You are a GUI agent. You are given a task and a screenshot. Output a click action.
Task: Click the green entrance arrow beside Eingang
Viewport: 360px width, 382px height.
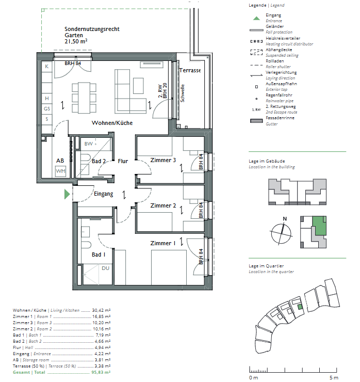(67, 195)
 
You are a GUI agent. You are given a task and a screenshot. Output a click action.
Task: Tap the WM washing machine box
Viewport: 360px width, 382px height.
(61, 171)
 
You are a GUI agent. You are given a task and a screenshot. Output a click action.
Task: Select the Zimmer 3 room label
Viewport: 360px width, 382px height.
(163, 160)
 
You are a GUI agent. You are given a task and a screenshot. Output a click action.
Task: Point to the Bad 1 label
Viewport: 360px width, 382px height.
(99, 254)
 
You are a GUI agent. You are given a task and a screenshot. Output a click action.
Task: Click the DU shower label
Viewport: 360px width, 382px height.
(105, 268)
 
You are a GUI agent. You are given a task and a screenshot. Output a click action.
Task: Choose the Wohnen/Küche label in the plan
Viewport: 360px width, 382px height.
(112, 123)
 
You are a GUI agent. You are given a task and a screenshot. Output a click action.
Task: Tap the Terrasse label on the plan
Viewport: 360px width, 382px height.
(190, 70)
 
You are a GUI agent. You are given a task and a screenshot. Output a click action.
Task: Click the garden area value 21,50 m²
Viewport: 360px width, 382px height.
(76, 41)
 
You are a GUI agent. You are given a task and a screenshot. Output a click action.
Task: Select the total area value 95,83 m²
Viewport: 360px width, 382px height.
(101, 372)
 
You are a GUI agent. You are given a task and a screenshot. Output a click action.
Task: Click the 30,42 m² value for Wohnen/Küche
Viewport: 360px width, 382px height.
(101, 310)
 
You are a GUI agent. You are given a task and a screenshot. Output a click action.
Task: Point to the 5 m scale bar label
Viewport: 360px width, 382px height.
(334, 378)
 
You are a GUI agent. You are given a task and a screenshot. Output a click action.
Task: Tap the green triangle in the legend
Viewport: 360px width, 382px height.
(256, 18)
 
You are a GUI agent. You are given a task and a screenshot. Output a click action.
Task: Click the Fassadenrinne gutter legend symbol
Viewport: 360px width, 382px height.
(256, 121)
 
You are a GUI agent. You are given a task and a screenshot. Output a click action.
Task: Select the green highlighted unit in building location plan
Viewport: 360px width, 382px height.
(319, 226)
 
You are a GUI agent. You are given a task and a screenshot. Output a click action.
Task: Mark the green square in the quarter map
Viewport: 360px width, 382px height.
(300, 307)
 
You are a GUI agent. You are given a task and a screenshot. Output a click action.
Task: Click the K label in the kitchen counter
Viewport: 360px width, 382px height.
(47, 67)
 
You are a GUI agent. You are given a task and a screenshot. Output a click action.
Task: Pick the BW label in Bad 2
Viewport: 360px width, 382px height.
(88, 144)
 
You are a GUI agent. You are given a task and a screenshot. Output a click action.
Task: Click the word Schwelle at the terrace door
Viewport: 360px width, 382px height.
(183, 93)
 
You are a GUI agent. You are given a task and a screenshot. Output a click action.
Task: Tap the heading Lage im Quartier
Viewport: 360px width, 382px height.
(266, 266)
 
